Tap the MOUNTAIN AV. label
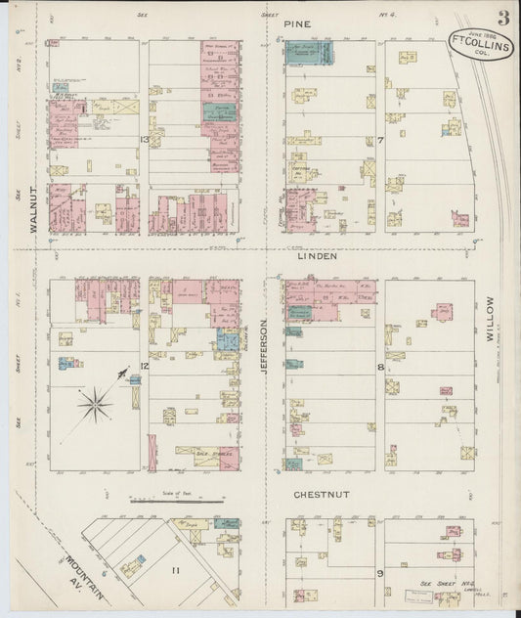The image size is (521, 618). [x=90, y=573]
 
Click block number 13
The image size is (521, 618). [x=144, y=141]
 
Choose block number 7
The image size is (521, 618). [x=380, y=141]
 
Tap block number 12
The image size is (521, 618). [x=144, y=366]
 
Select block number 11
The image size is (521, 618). [x=177, y=567]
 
